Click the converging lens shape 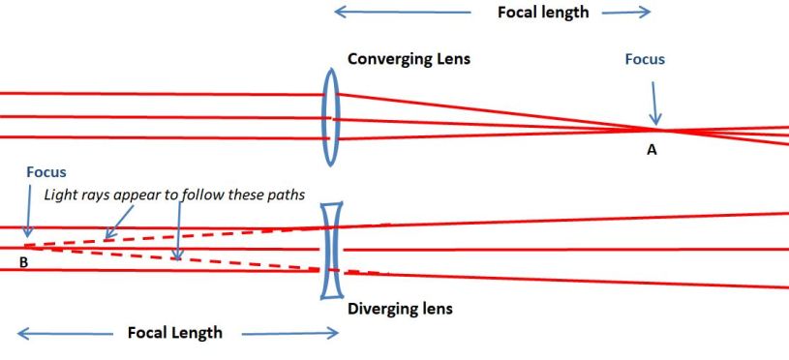pos(331,117)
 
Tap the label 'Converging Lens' pos(409,59)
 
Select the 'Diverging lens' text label pos(400,310)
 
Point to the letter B pos(22,261)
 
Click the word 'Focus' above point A pos(645,60)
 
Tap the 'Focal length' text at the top pos(542,13)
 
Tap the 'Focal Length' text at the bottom pos(175,333)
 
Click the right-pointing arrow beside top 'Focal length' pos(625,13)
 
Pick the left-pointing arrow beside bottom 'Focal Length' pos(64,334)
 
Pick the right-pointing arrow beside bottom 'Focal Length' pos(289,334)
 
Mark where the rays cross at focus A pos(658,129)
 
